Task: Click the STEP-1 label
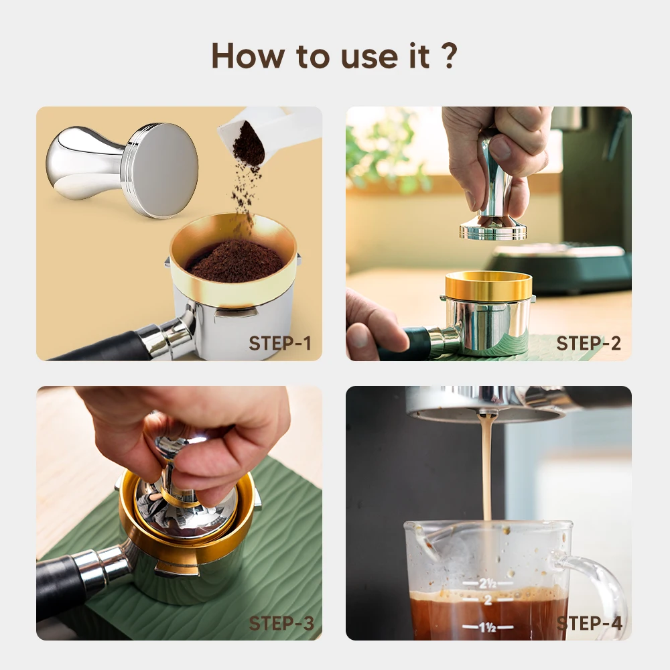tap(280, 344)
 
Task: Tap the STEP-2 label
tap(588, 344)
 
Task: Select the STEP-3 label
tap(281, 623)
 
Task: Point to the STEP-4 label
tap(590, 623)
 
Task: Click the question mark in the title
tap(450, 56)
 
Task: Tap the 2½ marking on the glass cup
tap(488, 583)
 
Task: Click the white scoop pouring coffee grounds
tap(268, 134)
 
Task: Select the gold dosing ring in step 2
tap(488, 286)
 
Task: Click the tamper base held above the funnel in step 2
tap(492, 230)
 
